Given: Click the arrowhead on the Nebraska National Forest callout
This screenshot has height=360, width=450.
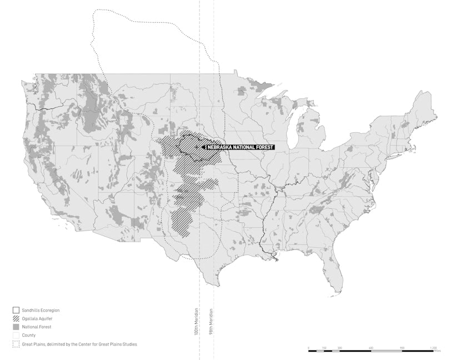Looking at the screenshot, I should (204, 147).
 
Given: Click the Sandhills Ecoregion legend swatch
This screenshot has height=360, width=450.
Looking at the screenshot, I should (16, 309).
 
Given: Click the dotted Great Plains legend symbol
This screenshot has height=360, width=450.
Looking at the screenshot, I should (16, 344).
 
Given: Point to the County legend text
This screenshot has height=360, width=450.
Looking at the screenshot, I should (28, 336).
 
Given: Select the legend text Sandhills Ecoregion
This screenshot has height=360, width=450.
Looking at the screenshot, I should (41, 309).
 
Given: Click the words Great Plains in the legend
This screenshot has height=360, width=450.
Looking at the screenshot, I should (34, 344).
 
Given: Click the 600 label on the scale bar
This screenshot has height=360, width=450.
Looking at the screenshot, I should (371, 348).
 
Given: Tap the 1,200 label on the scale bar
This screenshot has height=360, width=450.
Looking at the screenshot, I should (433, 348).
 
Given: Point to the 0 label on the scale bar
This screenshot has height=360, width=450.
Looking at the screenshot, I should (308, 348).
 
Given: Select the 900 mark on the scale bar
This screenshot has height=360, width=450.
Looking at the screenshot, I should (402, 348).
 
